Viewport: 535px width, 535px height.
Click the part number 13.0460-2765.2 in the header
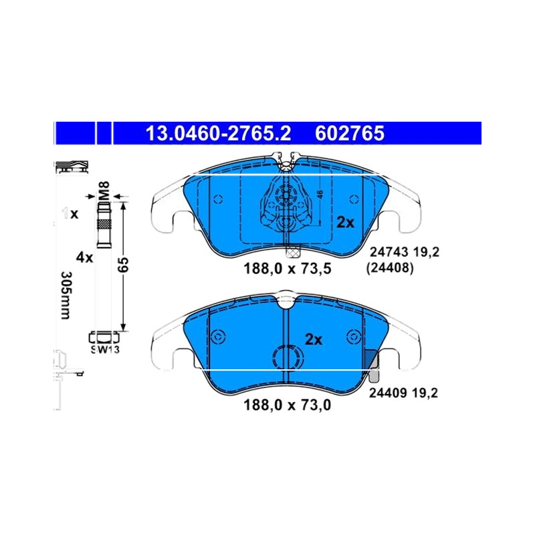[x=219, y=133]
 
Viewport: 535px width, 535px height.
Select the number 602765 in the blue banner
[x=350, y=133]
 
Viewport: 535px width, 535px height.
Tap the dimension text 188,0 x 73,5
[x=288, y=269]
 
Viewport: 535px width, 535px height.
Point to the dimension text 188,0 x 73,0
[x=288, y=405]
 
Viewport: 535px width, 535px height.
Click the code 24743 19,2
[x=405, y=252]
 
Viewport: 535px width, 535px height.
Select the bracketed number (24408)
[x=390, y=268]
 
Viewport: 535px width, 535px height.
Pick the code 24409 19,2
[x=403, y=393]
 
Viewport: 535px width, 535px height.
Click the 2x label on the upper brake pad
[x=346, y=223]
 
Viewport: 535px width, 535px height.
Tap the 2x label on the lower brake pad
[x=313, y=340]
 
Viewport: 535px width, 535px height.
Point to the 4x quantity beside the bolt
[x=84, y=257]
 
